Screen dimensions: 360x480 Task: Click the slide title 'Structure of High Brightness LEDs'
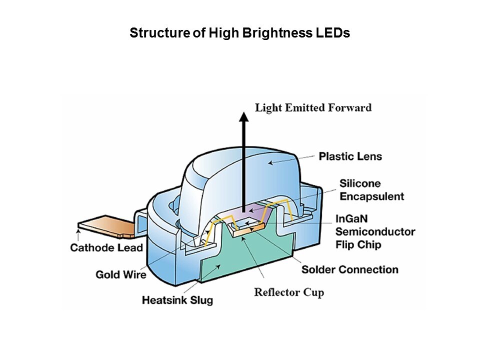239,33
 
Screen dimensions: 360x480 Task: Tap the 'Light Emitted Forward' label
313,107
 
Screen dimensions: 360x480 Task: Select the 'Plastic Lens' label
350,156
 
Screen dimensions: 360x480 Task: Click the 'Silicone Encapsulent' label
371,189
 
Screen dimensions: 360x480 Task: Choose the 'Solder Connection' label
349,270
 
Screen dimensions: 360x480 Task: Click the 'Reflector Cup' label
289,292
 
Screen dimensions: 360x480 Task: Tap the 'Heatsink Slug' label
177,300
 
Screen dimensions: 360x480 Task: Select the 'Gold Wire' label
121,274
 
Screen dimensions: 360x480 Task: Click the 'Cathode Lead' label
106,247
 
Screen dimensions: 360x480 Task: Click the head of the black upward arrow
243,117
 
